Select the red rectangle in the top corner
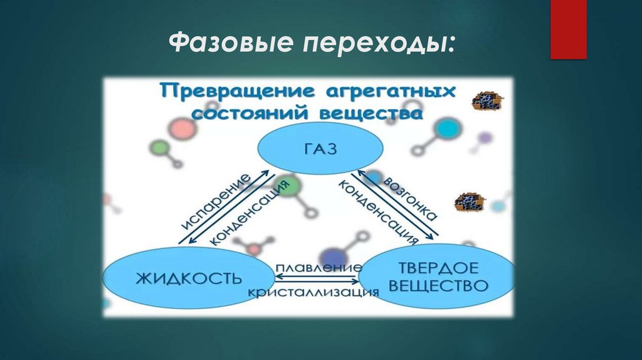point(568,29)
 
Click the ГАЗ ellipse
point(320,149)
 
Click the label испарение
point(214,204)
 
